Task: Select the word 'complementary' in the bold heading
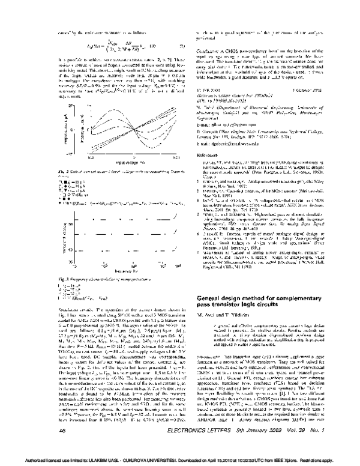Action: (298, 298)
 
